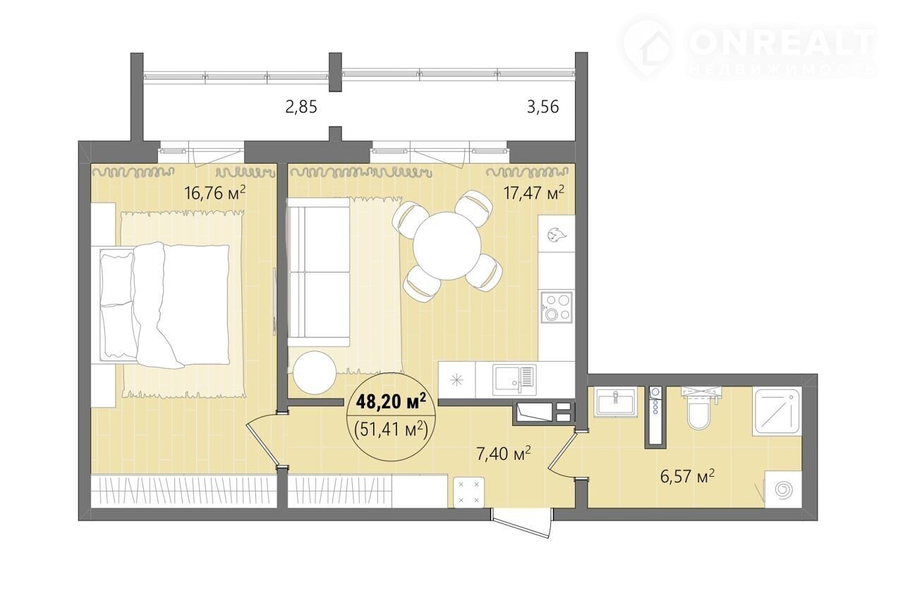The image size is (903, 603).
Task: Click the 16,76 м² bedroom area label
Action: click(x=214, y=193)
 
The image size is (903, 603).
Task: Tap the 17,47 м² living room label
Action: click(x=534, y=193)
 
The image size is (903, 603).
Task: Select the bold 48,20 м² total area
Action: click(x=391, y=401)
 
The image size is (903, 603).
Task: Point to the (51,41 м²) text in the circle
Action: click(x=391, y=430)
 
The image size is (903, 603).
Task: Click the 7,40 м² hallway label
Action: click(x=503, y=454)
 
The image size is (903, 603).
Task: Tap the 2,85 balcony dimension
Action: click(x=301, y=107)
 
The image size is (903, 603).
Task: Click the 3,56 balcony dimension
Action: click(x=543, y=106)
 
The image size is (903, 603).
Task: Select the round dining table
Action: click(x=447, y=245)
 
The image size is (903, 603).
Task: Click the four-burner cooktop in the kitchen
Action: click(x=557, y=307)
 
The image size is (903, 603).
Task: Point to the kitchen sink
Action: click(x=514, y=379)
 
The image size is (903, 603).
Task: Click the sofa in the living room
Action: click(x=318, y=272)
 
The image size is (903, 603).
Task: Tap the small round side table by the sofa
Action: click(x=315, y=373)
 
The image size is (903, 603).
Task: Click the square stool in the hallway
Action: click(x=469, y=492)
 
